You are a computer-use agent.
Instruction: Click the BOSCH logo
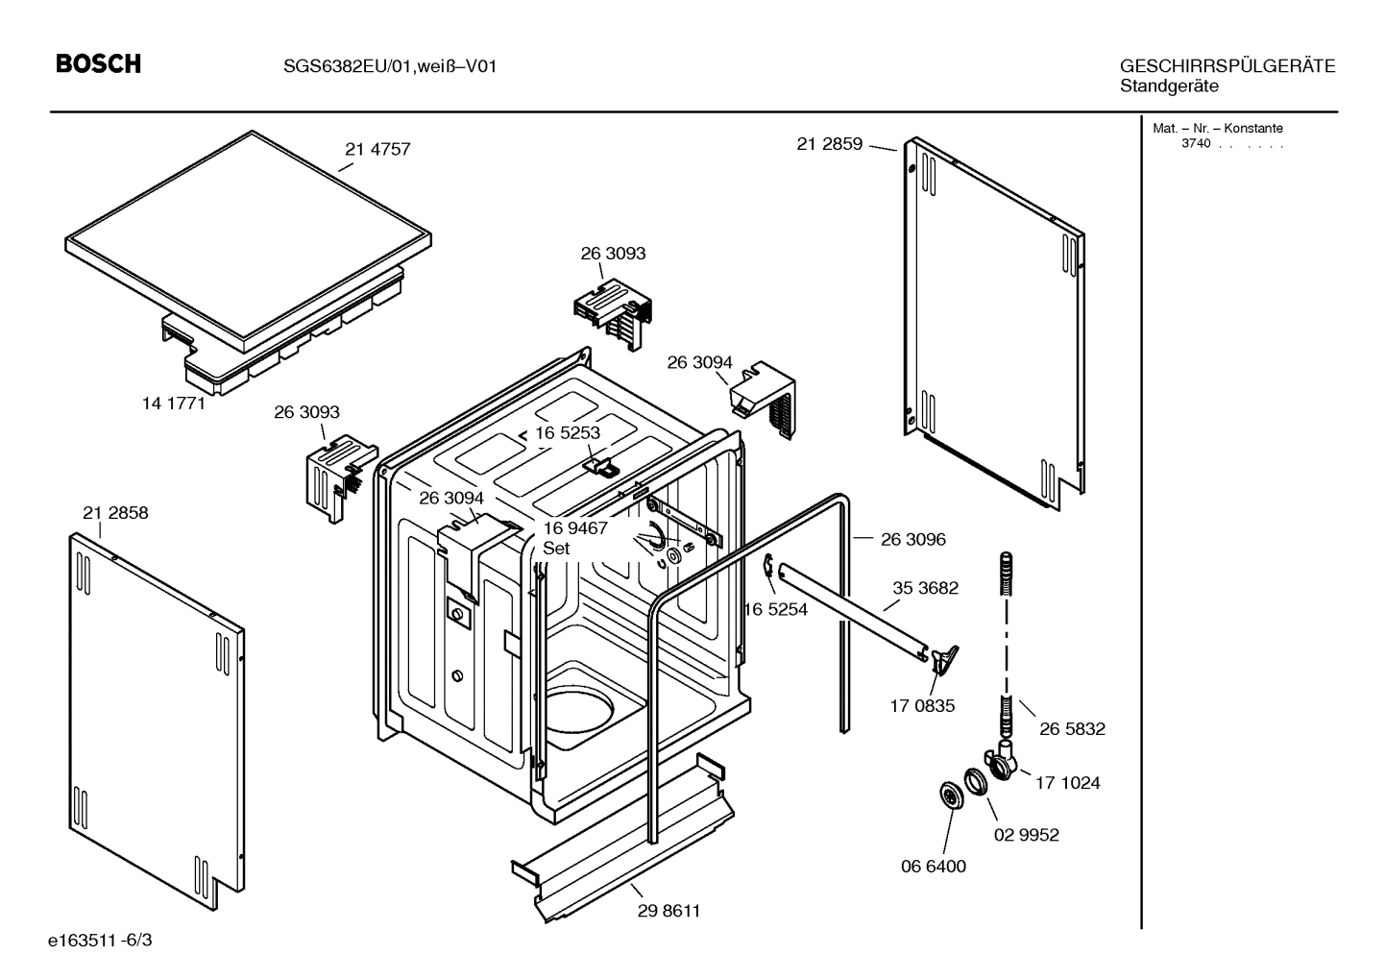[x=98, y=63]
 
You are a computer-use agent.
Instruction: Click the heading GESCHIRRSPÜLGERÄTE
[x=1227, y=66]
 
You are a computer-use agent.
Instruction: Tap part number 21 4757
[x=377, y=149]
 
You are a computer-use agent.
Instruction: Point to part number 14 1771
[x=174, y=404]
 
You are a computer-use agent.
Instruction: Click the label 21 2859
[x=829, y=144]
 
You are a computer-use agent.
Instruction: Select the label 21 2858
[x=115, y=513]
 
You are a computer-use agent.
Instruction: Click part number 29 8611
[x=668, y=911]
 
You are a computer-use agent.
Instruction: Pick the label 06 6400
[x=933, y=866]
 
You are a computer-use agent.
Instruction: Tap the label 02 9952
[x=1026, y=835]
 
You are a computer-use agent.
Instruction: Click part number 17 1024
[x=1067, y=783]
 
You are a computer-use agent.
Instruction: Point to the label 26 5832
[x=1072, y=729]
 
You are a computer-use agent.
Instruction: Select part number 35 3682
[x=925, y=588]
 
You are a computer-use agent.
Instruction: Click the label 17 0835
[x=922, y=706]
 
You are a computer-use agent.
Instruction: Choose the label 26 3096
[x=912, y=539]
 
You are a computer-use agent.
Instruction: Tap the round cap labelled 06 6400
[x=950, y=795]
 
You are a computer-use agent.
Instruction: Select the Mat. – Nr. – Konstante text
[x=1217, y=128]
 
